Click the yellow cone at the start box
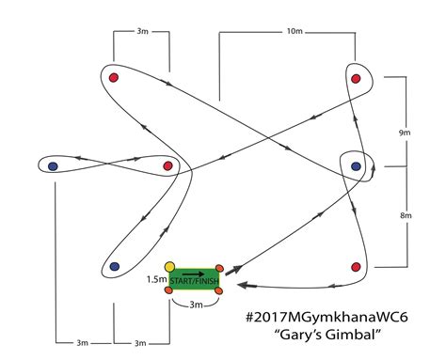(x=169, y=267)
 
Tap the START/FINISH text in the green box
(x=194, y=283)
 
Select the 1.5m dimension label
(x=156, y=279)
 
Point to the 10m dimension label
(x=295, y=32)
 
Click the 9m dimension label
(x=405, y=133)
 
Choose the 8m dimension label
(x=405, y=215)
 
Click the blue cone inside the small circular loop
(x=356, y=166)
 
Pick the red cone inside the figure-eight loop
(x=167, y=166)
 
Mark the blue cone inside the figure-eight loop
(x=53, y=166)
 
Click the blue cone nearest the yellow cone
(x=114, y=267)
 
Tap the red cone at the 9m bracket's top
(x=356, y=79)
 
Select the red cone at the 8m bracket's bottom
(x=356, y=267)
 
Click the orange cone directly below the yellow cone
(x=169, y=290)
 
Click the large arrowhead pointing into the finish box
(x=242, y=284)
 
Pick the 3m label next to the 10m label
(x=141, y=32)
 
